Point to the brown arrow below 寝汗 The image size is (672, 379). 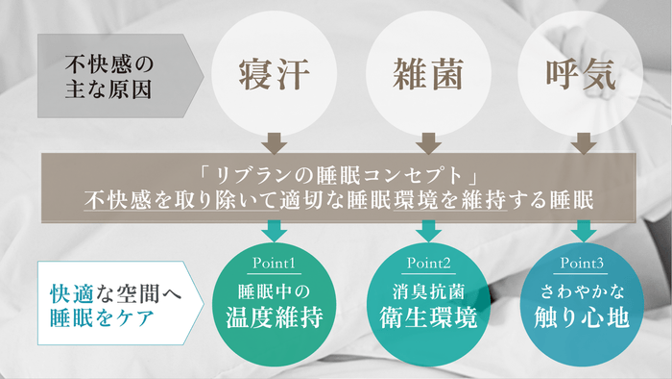click(x=275, y=143)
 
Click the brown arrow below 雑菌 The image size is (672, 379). click(x=428, y=143)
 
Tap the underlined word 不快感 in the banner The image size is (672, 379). click(x=112, y=202)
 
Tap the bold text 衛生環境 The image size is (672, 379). click(x=427, y=316)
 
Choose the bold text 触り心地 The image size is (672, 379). click(x=581, y=316)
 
